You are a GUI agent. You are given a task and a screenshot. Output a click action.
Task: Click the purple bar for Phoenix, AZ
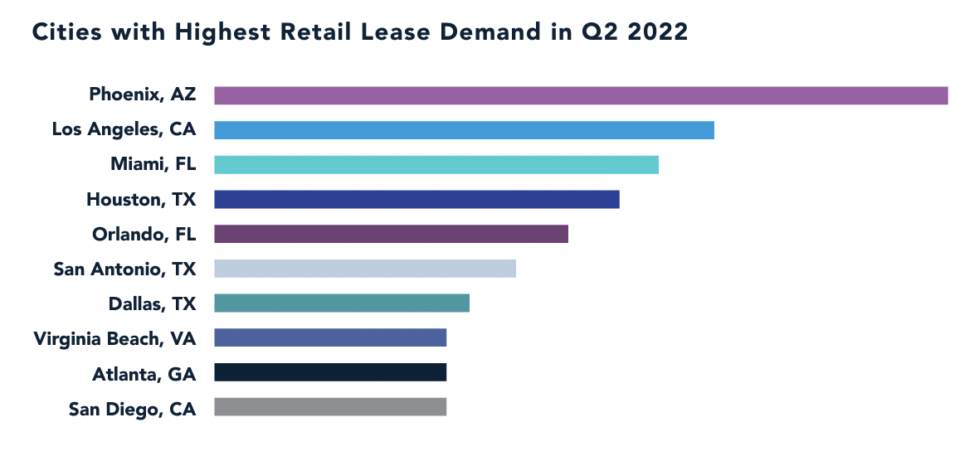coord(581,95)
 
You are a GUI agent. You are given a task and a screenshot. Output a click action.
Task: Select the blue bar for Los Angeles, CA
coord(464,130)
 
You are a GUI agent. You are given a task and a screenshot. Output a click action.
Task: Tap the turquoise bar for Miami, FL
coord(436,164)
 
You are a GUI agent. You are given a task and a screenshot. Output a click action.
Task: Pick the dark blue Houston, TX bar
coord(416,199)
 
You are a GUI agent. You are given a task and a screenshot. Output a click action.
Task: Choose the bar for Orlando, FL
coord(391,234)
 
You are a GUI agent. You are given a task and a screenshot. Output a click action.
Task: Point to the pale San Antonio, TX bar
coord(365,269)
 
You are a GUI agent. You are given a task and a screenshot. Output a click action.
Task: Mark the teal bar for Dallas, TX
coord(342,303)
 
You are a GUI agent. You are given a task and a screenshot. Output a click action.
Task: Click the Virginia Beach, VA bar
coord(330,337)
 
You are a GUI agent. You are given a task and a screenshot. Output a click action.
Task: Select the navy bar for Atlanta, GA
coord(330,372)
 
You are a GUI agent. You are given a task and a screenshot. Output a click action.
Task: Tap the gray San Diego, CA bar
coord(330,407)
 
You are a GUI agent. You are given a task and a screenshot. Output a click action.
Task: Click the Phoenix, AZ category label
coord(143,95)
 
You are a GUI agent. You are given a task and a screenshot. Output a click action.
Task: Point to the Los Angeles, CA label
coord(124,129)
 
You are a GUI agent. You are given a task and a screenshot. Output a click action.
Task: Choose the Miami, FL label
coord(153,164)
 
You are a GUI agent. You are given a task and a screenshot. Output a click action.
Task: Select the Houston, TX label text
coord(141,199)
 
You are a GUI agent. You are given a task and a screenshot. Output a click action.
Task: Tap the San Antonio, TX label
coord(124,269)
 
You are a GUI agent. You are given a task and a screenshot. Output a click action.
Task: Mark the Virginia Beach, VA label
coord(114,338)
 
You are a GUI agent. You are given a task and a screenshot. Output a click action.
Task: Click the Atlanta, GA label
coord(144,373)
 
